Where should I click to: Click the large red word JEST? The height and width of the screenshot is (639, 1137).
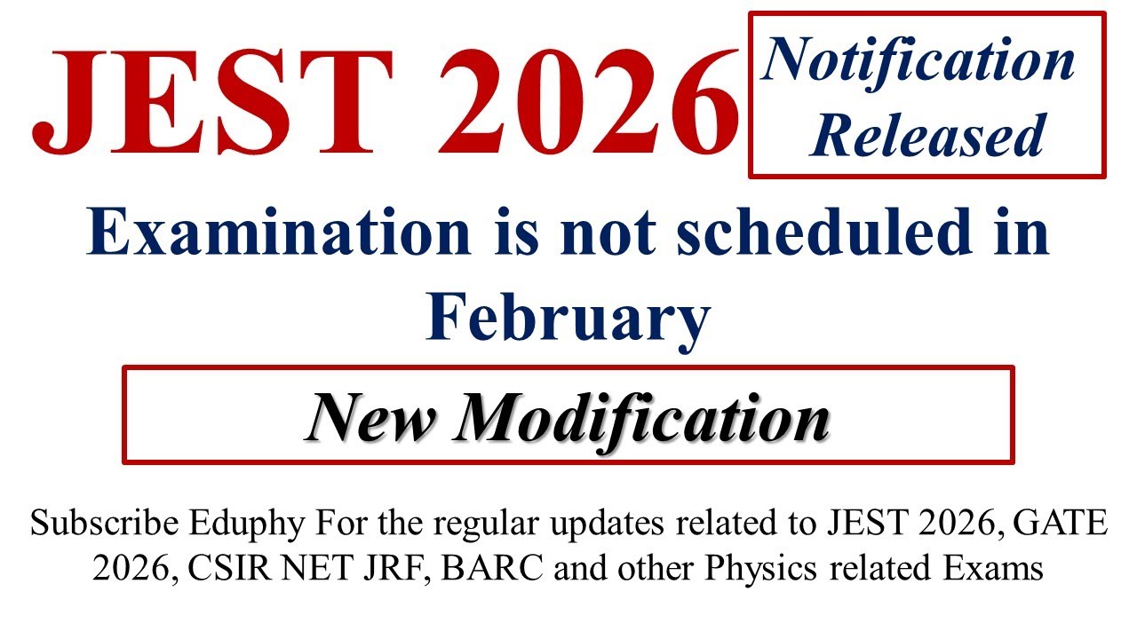point(201,105)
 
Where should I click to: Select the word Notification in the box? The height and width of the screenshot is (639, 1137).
point(918,62)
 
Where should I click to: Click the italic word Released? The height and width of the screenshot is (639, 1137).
point(927,137)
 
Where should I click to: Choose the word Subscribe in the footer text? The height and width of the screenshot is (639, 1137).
point(105,525)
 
